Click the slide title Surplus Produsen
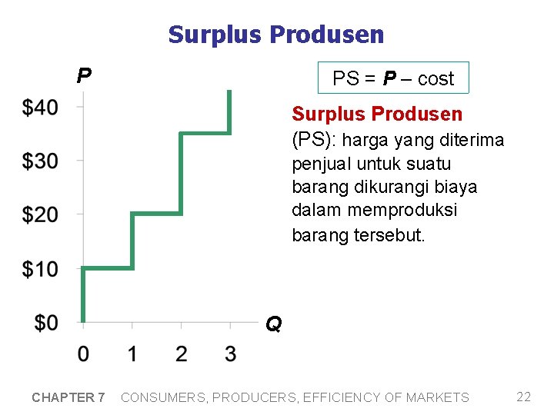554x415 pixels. pos(275,35)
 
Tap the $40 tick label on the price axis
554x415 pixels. pos(40,107)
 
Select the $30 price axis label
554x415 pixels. pos(40,161)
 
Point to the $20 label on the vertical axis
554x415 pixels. pos(40,214)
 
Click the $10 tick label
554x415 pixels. pos(40,269)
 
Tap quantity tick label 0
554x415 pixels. pos(83,354)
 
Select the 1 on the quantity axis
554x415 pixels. pos(132,354)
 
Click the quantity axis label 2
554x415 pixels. pos(181,354)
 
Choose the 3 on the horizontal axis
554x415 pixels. pos(230,354)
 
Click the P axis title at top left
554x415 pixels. pos(84,75)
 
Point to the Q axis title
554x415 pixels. pos(273,325)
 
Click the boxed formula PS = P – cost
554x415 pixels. pos(393,78)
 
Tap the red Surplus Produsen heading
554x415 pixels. pos(377,115)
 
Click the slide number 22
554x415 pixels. pos(523,397)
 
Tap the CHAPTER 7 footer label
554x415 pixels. pos(68,397)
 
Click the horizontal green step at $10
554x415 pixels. pos(108,268)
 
